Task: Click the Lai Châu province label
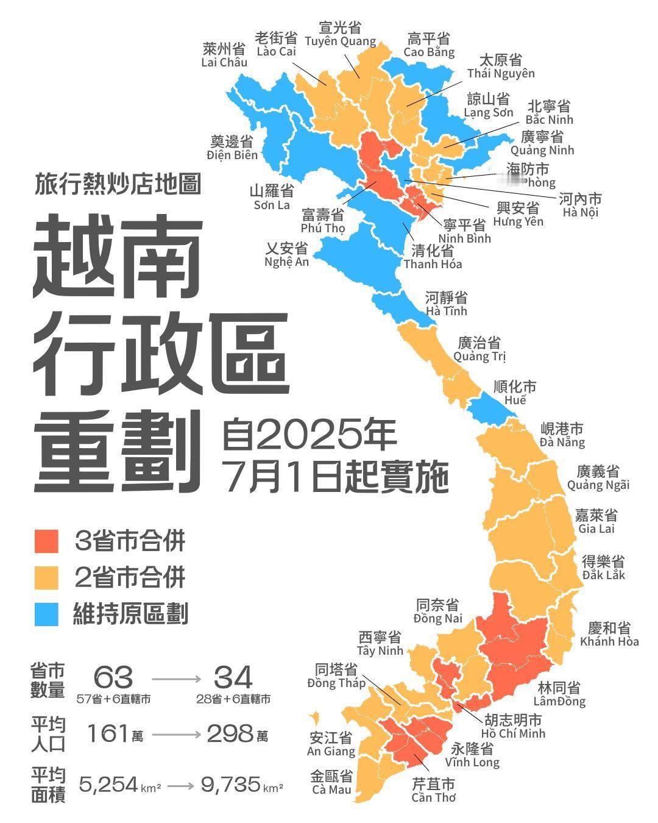coord(224,55)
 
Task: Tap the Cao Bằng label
coord(429,45)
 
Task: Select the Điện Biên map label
coord(232,148)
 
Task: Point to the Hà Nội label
coord(581,205)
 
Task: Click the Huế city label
coord(515,393)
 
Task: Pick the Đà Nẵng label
coord(562,435)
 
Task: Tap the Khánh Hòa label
coord(609,634)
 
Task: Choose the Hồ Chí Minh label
coord(513,726)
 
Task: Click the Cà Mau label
coord(331,783)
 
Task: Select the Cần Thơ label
coord(433,790)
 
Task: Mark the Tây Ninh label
coord(380,644)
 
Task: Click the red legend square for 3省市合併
coord(47,541)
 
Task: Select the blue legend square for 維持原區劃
coord(47,614)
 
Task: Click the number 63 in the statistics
coord(113,677)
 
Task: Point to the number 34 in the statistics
coord(233,677)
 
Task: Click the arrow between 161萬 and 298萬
coord(176,735)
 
